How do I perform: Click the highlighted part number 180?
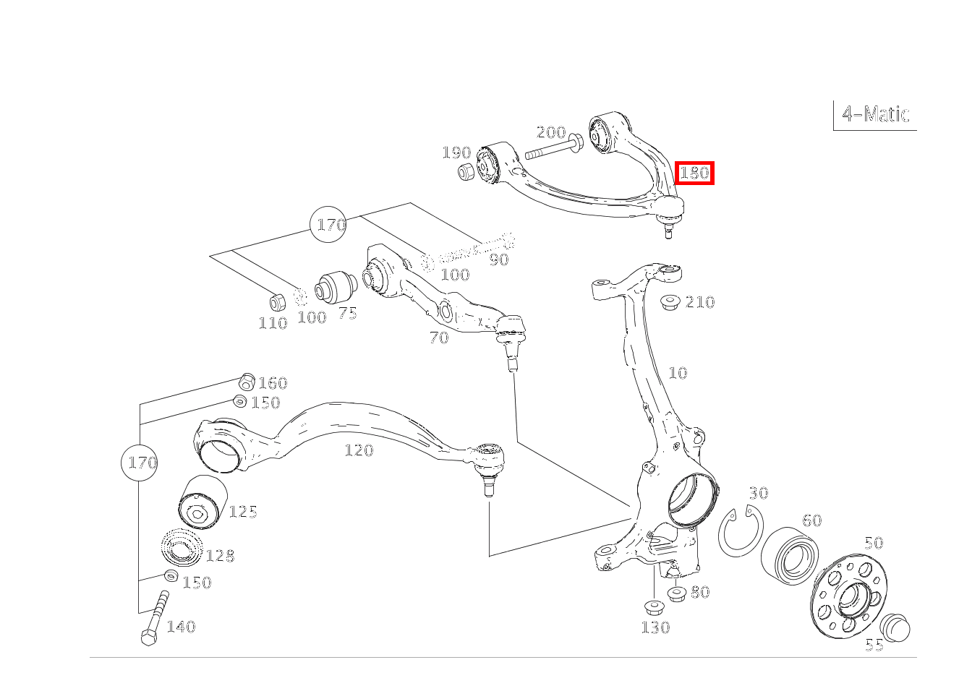[x=694, y=173]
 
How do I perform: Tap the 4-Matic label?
[x=875, y=114]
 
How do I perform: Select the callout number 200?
[x=550, y=132]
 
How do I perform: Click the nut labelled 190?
[x=467, y=172]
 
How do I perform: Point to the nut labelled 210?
[x=670, y=301]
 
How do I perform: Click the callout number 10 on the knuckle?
[x=678, y=373]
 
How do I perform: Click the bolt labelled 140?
[x=155, y=618]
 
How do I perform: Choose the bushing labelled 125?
[x=203, y=503]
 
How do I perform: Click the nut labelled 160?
[x=247, y=380]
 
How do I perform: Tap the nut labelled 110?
[x=276, y=301]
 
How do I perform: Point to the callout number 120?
[x=359, y=450]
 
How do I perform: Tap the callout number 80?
[x=699, y=592]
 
